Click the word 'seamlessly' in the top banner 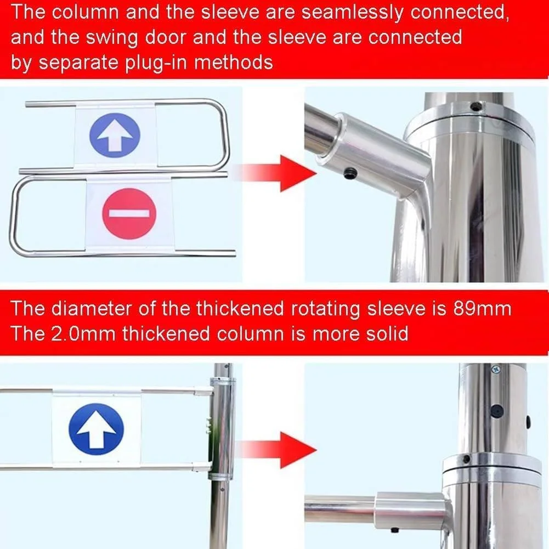point(352,13)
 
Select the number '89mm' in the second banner point(482,308)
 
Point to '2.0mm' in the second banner point(83,333)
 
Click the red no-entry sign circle point(129,213)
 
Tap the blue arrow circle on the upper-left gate point(115,135)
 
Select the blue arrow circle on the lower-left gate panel point(97,429)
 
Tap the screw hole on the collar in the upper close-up point(476,106)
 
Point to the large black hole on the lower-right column point(497,411)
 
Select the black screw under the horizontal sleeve point(394,530)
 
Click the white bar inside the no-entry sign point(129,213)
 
